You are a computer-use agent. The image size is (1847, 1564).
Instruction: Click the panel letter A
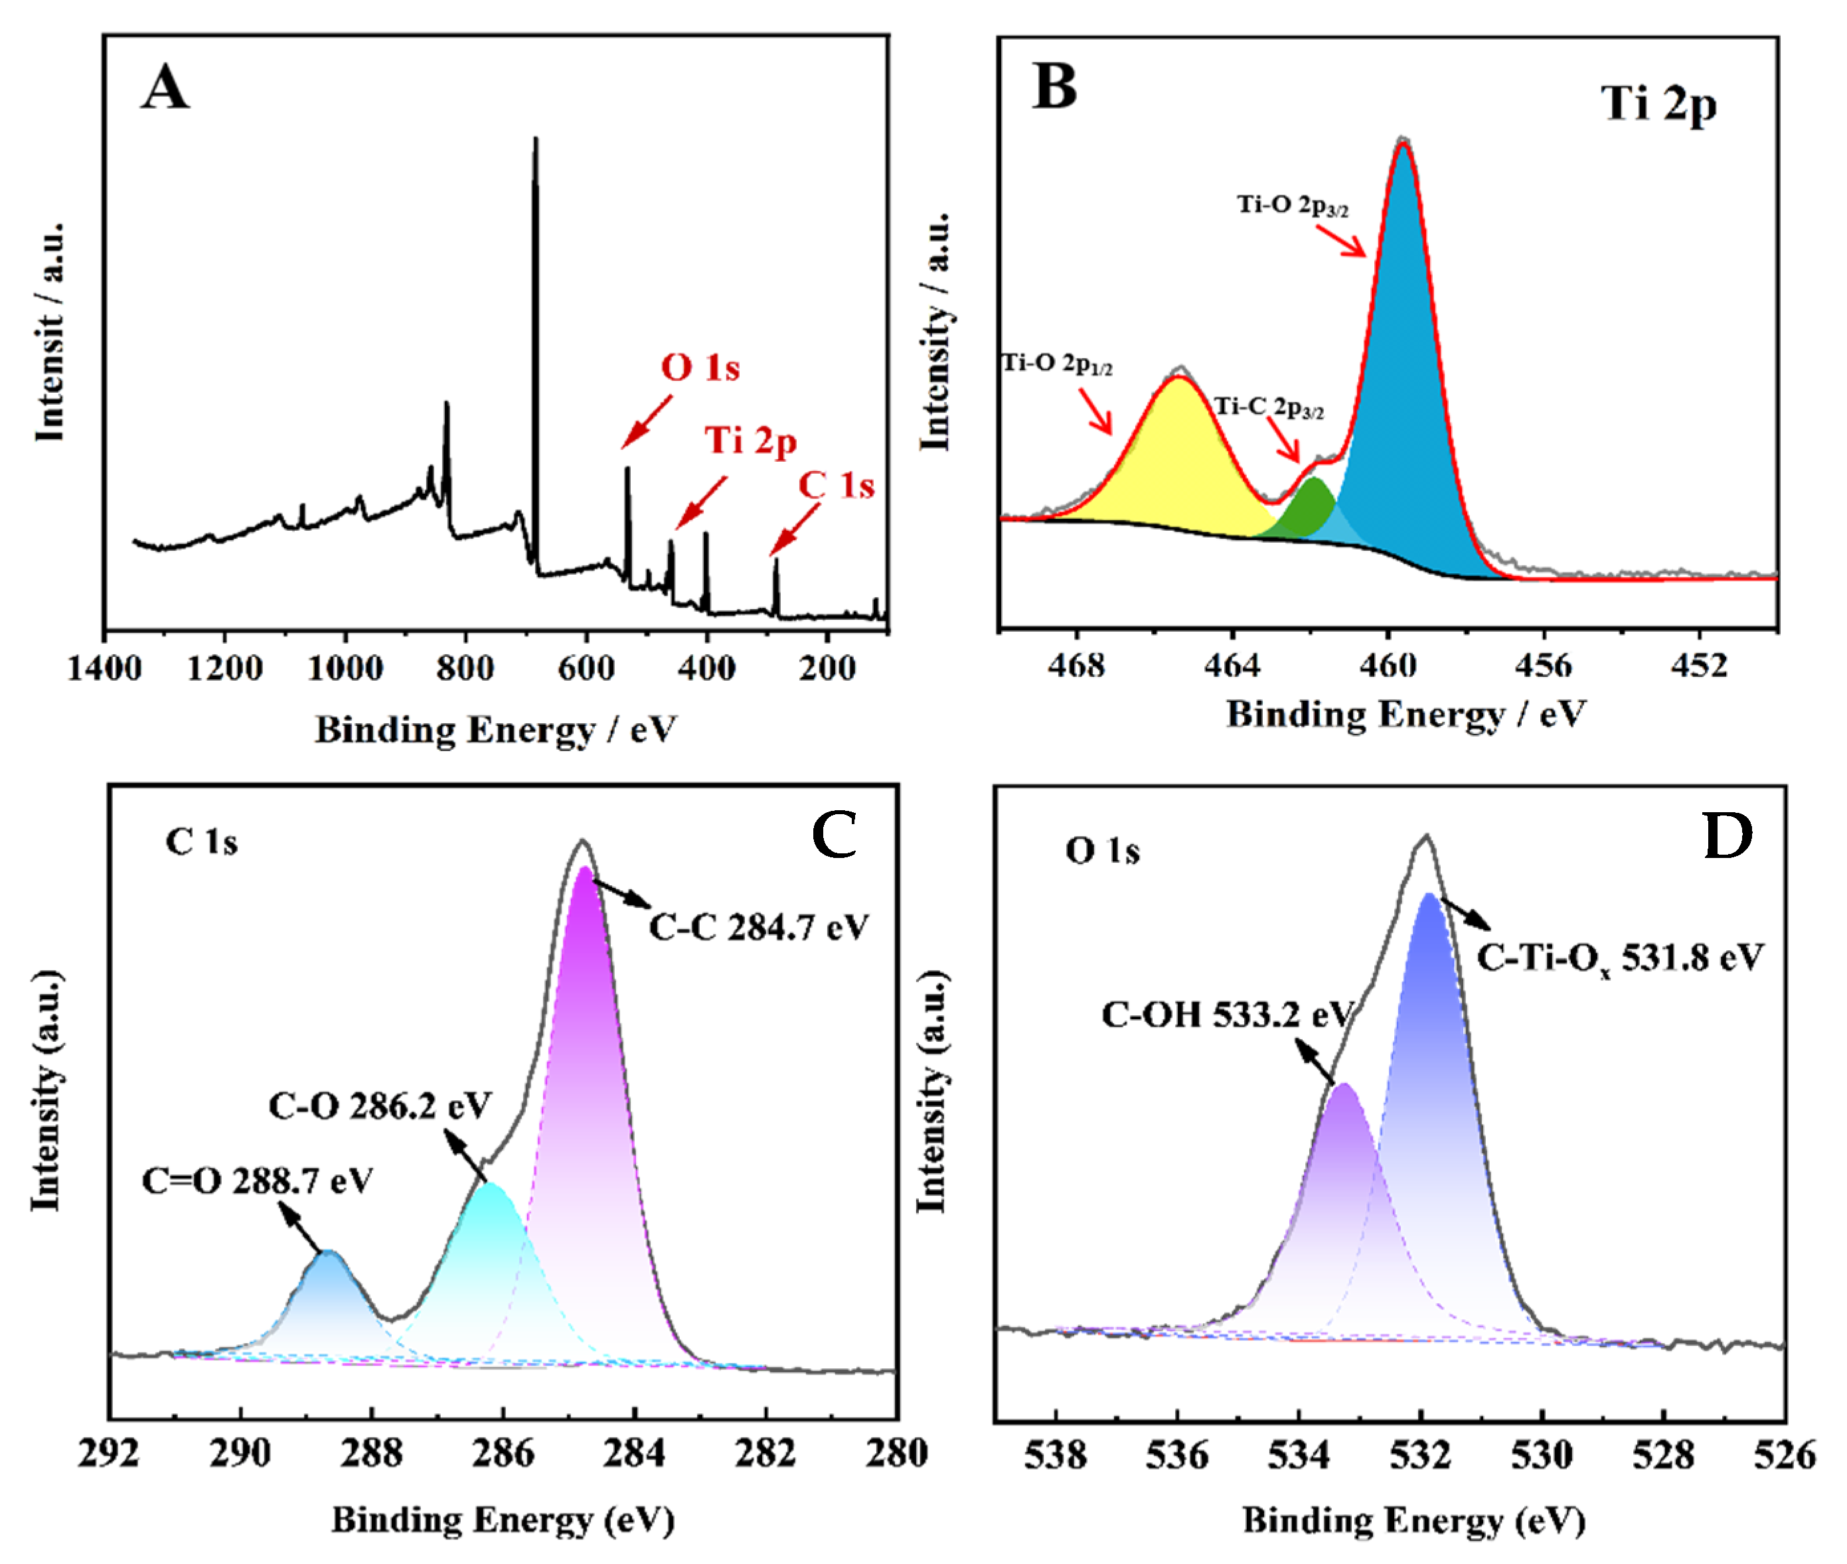click(165, 89)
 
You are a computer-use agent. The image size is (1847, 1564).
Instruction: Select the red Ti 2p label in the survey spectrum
click(750, 441)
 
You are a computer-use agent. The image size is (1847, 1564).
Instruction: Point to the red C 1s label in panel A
click(836, 486)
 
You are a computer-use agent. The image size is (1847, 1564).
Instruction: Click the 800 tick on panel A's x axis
click(465, 668)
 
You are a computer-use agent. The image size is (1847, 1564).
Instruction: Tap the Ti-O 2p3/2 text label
click(1293, 206)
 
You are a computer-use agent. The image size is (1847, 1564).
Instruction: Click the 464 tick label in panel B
click(1232, 664)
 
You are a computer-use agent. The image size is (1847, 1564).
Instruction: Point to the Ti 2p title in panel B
click(1658, 105)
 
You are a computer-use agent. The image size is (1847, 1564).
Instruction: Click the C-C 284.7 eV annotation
click(758, 928)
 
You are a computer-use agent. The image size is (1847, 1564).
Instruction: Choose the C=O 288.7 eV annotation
click(258, 1181)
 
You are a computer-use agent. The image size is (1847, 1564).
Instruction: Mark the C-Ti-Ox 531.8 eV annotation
click(1620, 958)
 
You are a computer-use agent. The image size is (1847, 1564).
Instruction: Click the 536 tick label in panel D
click(1176, 1455)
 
